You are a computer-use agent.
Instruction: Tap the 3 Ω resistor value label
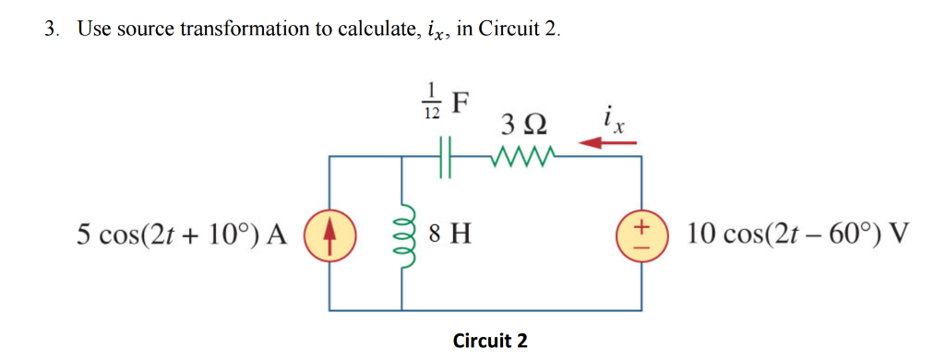522,123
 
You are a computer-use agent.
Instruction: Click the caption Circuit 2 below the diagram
490,341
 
